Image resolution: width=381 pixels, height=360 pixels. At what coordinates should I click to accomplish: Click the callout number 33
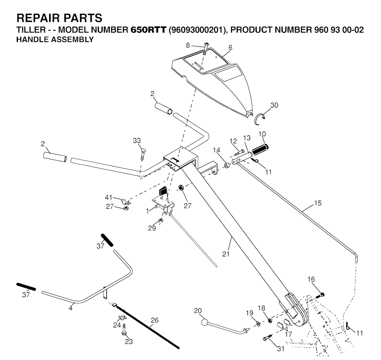tap(137, 141)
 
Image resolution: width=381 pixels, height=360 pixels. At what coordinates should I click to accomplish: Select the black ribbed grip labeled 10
tap(260, 150)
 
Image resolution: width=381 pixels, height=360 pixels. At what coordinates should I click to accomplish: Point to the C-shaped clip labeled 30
tap(260, 119)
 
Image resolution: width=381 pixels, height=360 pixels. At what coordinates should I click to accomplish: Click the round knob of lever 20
tap(205, 322)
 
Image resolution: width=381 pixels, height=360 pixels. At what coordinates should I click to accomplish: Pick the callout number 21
tap(226, 254)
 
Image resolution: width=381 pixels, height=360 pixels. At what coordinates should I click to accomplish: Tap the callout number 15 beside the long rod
tap(318, 203)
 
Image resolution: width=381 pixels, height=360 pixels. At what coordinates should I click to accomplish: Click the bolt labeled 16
tap(320, 296)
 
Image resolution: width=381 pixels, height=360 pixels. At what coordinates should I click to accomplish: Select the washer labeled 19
tap(258, 324)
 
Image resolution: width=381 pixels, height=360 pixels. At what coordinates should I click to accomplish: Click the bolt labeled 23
tap(124, 330)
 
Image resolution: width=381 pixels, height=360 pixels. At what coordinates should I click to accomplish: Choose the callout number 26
tap(154, 321)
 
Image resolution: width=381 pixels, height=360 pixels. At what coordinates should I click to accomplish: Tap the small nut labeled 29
tap(160, 221)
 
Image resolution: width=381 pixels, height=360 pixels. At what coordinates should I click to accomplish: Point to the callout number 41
tap(108, 197)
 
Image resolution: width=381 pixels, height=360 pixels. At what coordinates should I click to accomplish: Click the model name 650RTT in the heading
tap(148, 30)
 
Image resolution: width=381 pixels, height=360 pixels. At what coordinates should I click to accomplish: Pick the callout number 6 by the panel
tap(230, 47)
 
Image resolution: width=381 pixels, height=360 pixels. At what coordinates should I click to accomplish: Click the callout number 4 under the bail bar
tap(70, 308)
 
